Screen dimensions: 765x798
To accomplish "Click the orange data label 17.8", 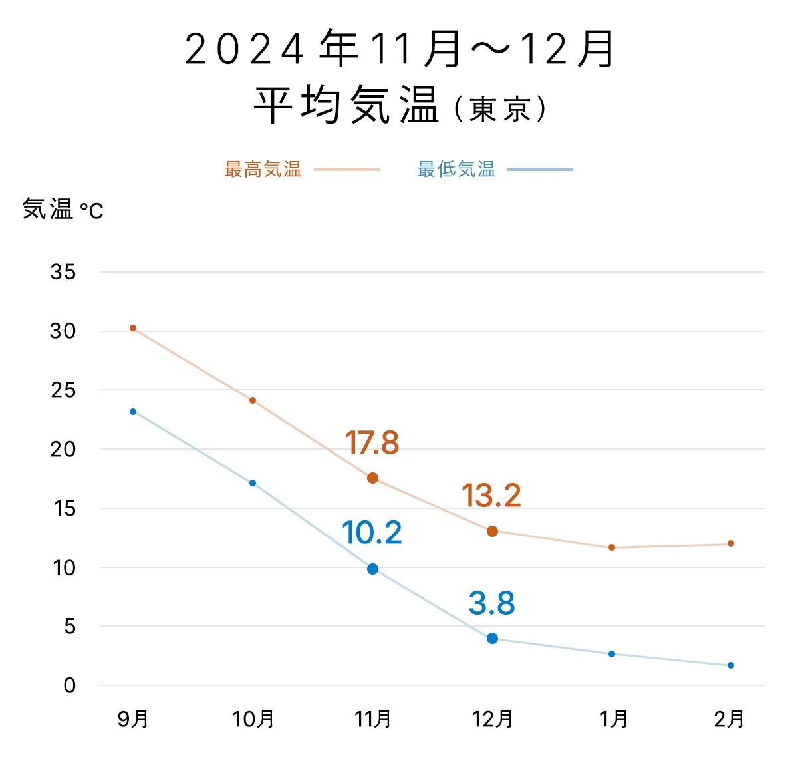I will tap(372, 443).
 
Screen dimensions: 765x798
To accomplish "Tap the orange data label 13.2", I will tap(491, 496).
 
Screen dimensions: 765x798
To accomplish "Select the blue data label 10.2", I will tap(372, 533).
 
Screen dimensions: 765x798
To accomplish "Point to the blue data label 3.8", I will tap(491, 603).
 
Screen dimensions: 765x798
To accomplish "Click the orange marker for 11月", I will tap(372, 478).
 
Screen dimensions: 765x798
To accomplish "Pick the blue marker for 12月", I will tap(492, 638).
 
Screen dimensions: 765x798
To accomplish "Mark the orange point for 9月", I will tap(133, 328).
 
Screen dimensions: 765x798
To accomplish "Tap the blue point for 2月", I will tap(731, 665).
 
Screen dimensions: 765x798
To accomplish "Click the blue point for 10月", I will tap(253, 483).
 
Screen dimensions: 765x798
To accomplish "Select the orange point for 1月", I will tap(612, 547).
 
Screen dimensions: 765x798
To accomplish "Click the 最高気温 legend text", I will tap(263, 170).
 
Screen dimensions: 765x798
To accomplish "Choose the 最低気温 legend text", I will tap(456, 170).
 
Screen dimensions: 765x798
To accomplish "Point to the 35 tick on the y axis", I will tap(63, 272).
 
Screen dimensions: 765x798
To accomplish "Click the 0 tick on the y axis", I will tap(70, 686).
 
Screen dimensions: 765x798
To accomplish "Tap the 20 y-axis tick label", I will tap(63, 450).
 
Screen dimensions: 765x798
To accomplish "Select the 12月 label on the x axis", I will tap(492, 719).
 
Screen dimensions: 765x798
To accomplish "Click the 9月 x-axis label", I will tap(133, 719).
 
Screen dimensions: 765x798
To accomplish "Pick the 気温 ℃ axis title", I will tap(63, 210).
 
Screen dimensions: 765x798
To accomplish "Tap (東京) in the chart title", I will tap(500, 109).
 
